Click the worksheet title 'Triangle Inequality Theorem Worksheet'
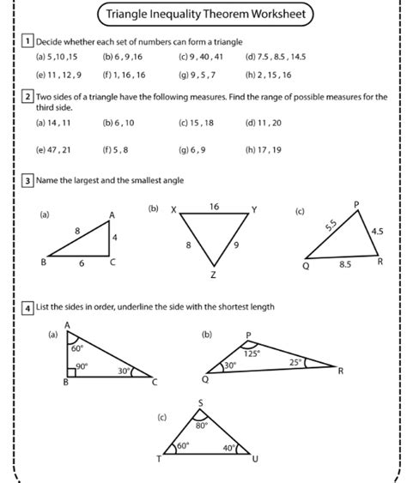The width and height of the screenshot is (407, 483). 203,14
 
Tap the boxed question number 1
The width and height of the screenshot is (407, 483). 28,41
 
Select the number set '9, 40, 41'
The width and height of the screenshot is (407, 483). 205,57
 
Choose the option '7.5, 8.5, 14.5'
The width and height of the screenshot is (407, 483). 281,57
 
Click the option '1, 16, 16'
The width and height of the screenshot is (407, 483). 126,75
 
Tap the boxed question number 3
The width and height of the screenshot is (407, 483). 28,181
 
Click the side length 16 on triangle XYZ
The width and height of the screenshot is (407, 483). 214,207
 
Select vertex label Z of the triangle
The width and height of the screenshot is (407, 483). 213,275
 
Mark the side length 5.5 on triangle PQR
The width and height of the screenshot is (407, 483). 331,226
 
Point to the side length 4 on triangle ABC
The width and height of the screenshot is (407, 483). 116,237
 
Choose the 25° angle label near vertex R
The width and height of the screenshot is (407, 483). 295,362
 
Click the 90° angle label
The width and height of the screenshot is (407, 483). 83,366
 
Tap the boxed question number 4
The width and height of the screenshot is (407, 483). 28,307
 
